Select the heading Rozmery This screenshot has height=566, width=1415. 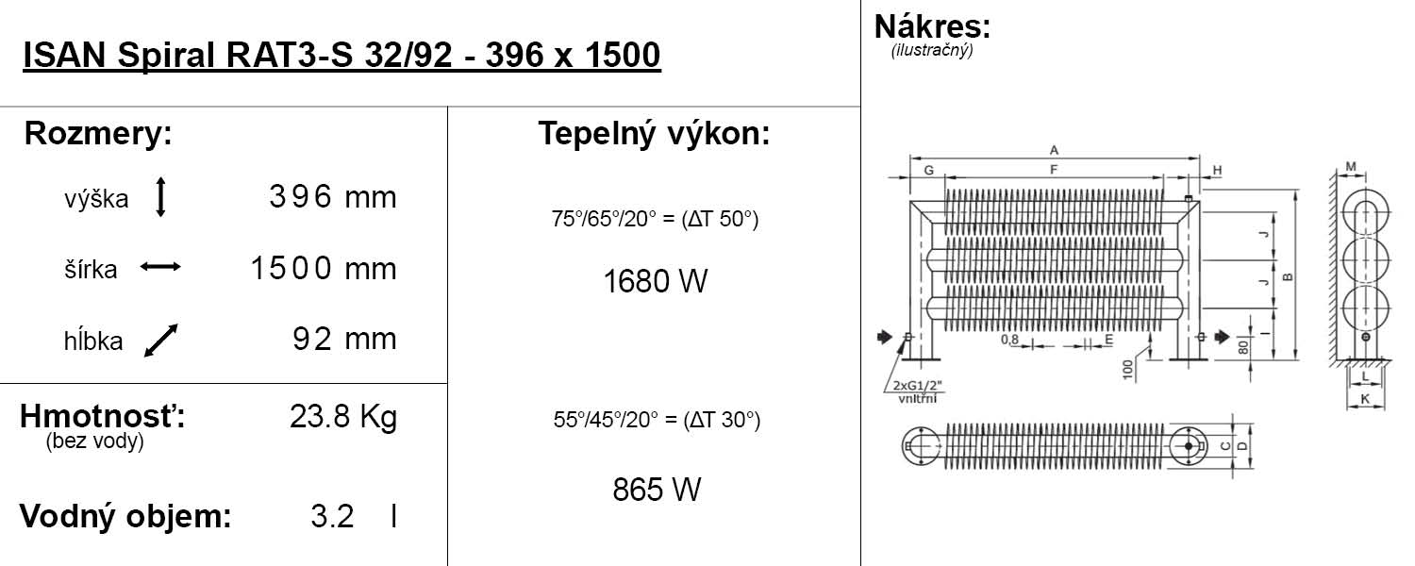[x=98, y=134]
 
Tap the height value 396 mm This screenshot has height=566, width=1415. [x=332, y=197]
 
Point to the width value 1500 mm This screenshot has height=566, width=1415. [x=323, y=269]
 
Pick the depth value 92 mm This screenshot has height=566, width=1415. [x=344, y=339]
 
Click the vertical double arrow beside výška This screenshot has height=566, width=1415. [x=160, y=197]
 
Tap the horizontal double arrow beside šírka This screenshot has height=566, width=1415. [x=160, y=268]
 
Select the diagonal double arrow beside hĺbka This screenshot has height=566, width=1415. [x=160, y=341]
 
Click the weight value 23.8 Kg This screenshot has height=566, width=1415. [x=343, y=417]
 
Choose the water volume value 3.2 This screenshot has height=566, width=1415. [x=332, y=517]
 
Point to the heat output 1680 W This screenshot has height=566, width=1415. [x=655, y=281]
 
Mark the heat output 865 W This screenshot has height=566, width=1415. [x=657, y=490]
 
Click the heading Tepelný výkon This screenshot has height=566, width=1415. [x=654, y=134]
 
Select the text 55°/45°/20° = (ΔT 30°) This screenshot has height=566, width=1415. [x=657, y=421]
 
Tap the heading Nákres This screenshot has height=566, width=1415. [x=932, y=25]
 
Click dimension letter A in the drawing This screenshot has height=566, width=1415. [x=1054, y=149]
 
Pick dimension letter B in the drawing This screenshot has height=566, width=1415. [x=1287, y=276]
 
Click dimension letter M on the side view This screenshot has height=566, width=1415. [x=1351, y=167]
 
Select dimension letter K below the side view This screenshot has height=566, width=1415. [x=1365, y=400]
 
